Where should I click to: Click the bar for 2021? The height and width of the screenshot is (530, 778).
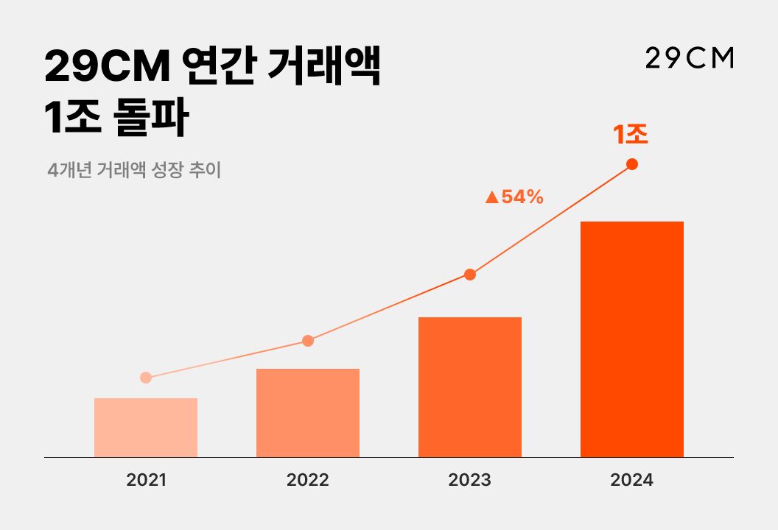click(146, 428)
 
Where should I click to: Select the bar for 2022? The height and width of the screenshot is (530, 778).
click(308, 413)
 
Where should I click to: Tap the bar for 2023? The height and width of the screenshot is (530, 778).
click(470, 387)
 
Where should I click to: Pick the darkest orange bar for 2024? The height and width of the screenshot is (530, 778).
click(632, 339)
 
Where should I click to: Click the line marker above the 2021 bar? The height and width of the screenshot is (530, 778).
click(146, 378)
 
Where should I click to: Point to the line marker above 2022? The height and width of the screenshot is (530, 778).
click(308, 341)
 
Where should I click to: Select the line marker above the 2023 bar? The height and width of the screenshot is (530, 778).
click(470, 275)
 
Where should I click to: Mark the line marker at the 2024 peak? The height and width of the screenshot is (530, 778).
click(632, 164)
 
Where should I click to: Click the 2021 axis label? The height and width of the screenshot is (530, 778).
click(146, 481)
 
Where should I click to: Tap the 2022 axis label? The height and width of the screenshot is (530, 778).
click(308, 481)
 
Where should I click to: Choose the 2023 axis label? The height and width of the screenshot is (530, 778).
click(470, 481)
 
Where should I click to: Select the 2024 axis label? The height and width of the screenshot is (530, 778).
click(632, 481)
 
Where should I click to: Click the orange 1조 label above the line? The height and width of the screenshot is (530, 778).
click(631, 135)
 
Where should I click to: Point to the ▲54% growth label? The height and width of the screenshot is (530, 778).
click(514, 197)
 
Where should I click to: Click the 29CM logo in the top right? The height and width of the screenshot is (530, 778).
click(690, 59)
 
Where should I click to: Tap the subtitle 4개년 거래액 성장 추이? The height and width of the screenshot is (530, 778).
click(133, 170)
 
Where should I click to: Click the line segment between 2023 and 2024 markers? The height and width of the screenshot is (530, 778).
click(551, 219)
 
